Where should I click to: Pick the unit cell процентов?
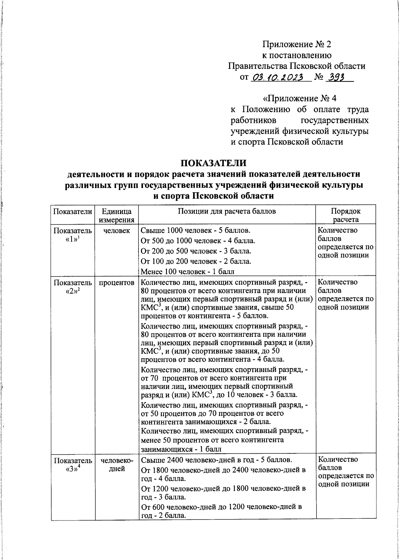tap(117, 282)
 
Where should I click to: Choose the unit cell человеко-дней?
tap(117, 464)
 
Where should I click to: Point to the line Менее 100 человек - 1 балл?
tap(188, 271)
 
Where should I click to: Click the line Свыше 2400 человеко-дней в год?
tap(216, 460)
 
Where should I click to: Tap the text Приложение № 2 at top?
tap(297, 44)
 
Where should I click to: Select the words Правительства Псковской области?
tap(297, 66)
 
